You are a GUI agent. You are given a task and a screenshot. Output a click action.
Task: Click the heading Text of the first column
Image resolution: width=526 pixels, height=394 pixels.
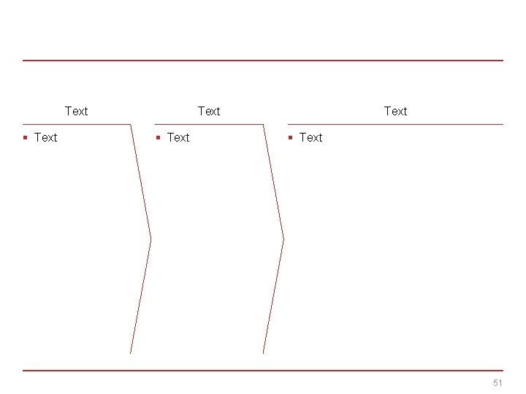tap(76, 111)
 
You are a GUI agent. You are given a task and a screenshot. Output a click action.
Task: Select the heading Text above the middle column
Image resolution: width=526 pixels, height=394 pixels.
tap(209, 111)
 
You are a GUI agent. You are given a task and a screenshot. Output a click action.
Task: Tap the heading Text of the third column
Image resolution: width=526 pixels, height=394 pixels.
tap(395, 111)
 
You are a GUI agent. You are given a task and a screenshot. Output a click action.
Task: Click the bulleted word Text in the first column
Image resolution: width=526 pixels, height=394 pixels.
tap(45, 137)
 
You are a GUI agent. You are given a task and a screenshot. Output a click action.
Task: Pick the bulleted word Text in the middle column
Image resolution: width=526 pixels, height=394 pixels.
tap(178, 137)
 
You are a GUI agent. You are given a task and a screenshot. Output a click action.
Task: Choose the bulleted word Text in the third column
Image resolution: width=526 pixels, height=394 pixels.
tap(310, 137)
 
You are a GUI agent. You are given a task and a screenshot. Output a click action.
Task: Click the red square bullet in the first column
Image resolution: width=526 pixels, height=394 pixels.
tap(25, 137)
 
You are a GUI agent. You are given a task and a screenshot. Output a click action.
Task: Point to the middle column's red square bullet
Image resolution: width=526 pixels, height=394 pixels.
tap(158, 137)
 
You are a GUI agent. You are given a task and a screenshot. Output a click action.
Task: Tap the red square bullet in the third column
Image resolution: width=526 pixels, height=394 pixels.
tap(290, 137)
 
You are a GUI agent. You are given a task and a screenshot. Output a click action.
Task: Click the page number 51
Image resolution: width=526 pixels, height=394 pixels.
tap(498, 383)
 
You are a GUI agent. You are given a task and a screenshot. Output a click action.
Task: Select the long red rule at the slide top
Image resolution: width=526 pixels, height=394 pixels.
tap(263, 61)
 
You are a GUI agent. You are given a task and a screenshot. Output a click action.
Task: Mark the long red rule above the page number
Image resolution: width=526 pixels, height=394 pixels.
tap(263, 370)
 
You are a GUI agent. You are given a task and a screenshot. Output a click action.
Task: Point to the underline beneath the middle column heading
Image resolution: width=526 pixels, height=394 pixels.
tap(209, 124)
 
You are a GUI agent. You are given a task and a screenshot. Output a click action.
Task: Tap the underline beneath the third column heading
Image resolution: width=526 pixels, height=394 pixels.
tap(395, 124)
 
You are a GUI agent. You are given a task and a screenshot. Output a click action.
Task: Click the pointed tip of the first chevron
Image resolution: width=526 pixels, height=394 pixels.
tap(150, 238)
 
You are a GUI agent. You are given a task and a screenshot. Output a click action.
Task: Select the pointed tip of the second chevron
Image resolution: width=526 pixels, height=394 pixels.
tap(283, 238)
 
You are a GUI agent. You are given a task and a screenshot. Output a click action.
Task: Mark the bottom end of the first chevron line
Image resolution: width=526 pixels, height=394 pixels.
tap(130, 353)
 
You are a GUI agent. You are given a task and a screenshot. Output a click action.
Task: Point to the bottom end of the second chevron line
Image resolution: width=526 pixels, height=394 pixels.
tap(263, 353)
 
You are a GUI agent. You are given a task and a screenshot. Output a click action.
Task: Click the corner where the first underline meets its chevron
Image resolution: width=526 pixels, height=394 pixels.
tap(131, 124)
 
